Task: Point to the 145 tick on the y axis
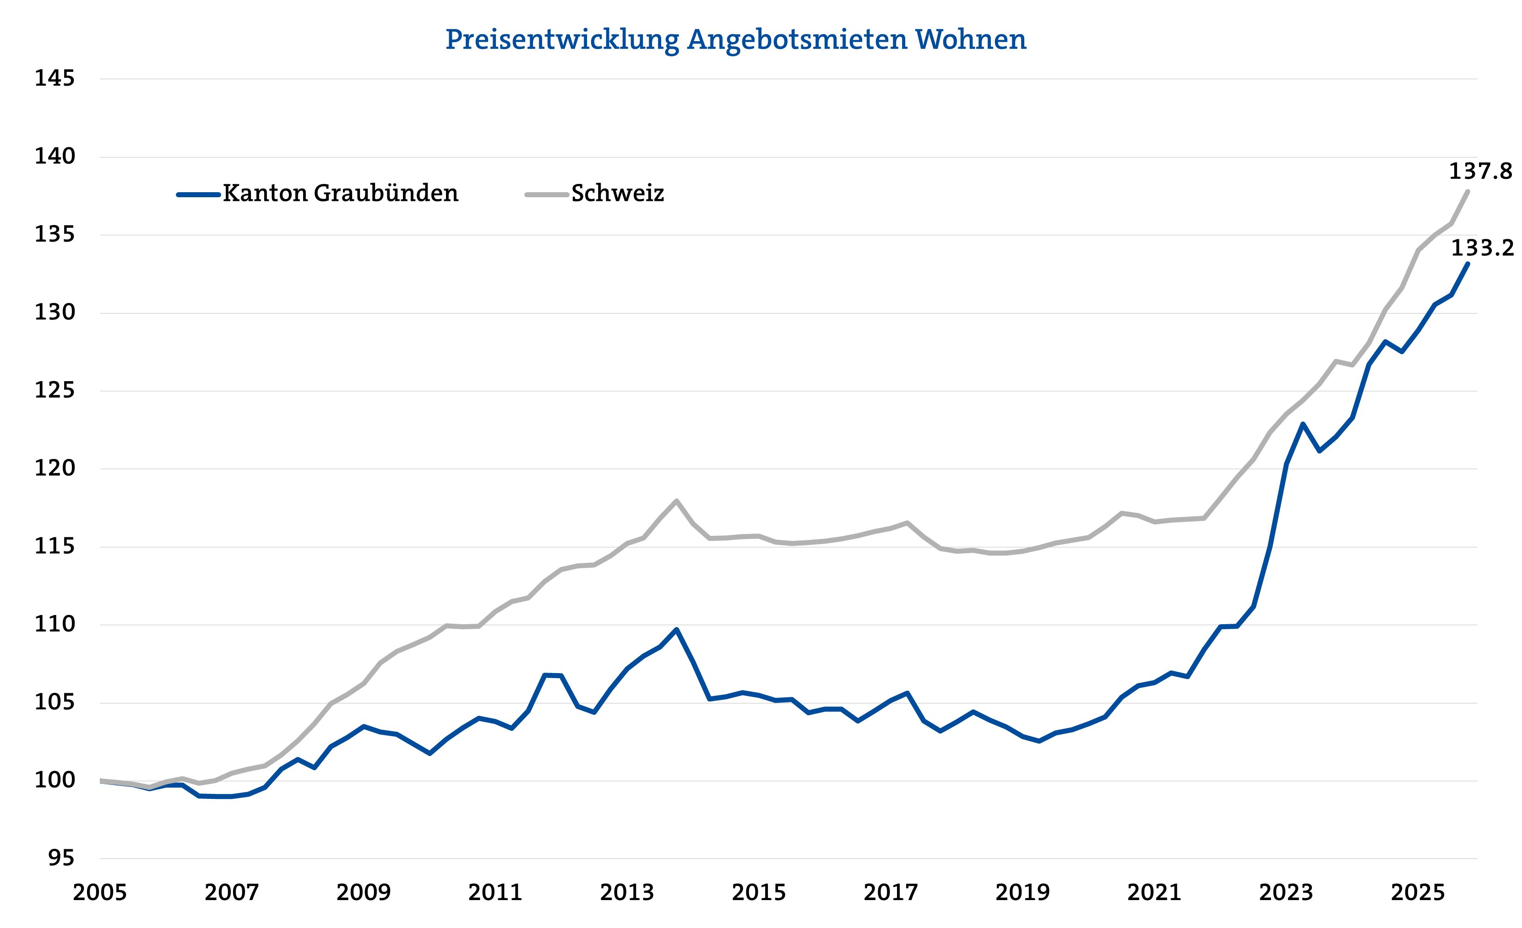click(54, 78)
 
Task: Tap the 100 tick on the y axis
click(54, 781)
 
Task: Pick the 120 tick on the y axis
click(54, 469)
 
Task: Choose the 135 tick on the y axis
click(54, 235)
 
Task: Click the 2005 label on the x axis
click(99, 893)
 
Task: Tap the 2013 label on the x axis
click(627, 893)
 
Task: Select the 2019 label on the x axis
click(1022, 893)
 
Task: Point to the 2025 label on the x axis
click(1418, 893)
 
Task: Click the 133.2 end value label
click(1482, 248)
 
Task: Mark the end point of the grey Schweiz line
click(1468, 191)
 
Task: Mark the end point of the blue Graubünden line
click(1468, 264)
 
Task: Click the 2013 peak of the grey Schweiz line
click(676, 501)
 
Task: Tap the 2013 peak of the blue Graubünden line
click(676, 629)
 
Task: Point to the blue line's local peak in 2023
click(1303, 424)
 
